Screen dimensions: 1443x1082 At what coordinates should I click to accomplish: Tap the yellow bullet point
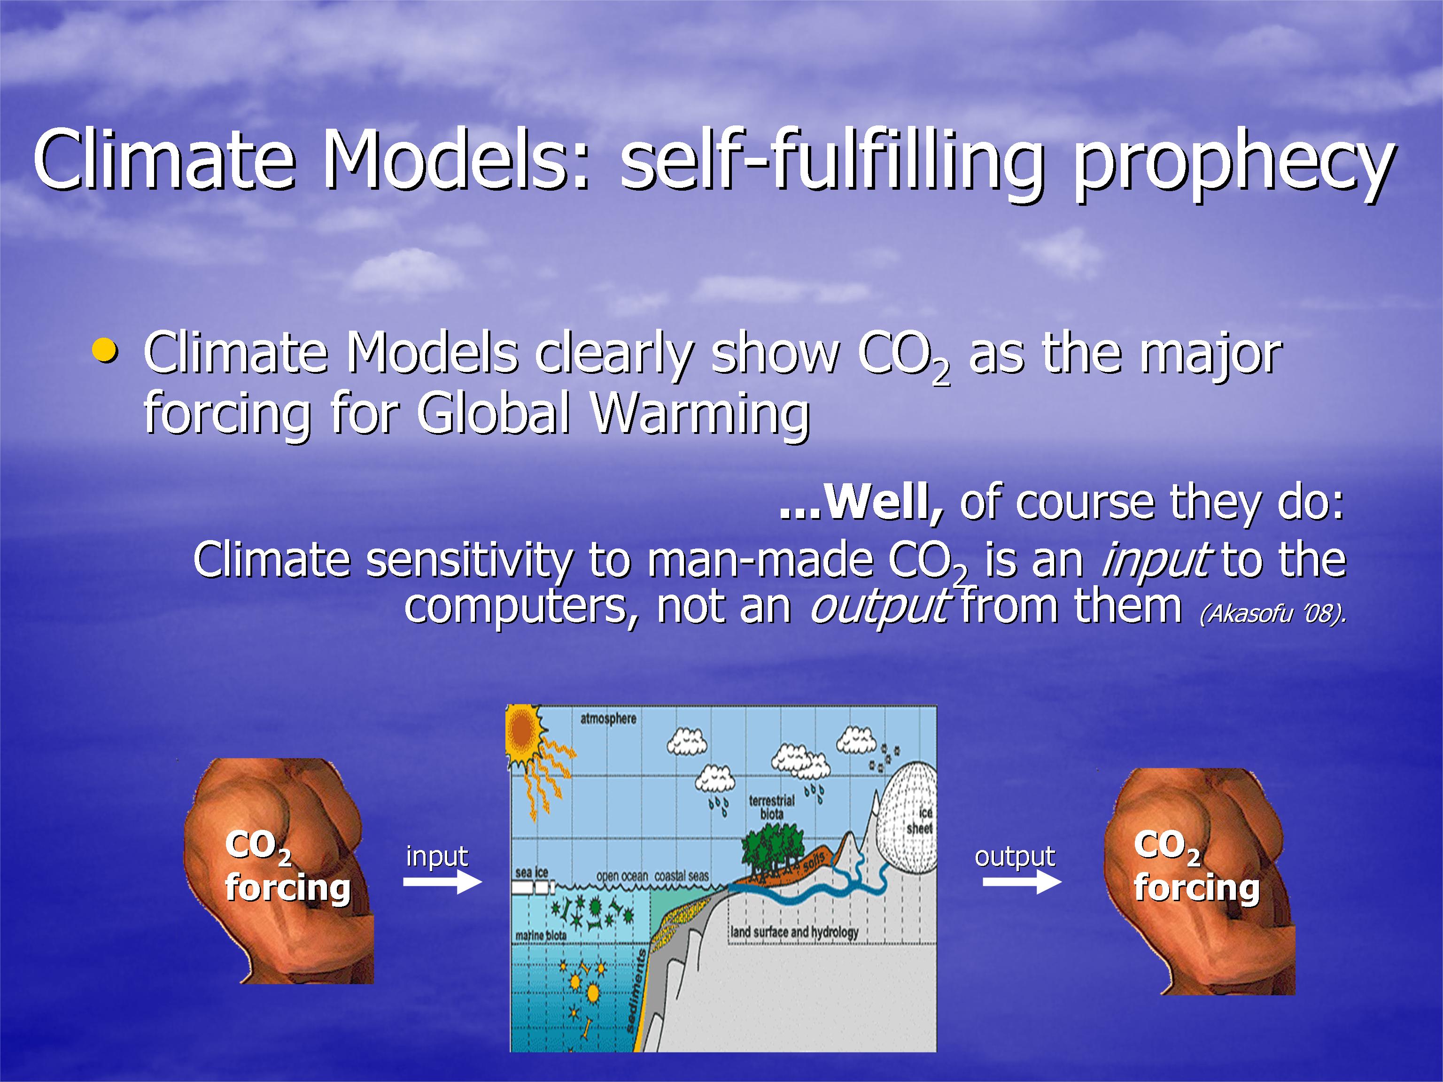pyautogui.click(x=105, y=350)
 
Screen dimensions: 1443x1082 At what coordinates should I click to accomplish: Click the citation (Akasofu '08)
pyautogui.click(x=1272, y=614)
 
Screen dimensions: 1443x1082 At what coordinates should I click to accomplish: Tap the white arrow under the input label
pyautogui.click(x=442, y=882)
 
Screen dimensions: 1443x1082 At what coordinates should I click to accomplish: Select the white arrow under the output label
pyautogui.click(x=1022, y=882)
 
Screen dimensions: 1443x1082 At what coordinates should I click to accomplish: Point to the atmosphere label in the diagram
pyautogui.click(x=608, y=719)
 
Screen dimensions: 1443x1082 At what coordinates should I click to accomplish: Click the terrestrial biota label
pyautogui.click(x=772, y=807)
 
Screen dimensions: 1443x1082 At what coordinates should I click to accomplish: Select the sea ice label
pyautogui.click(x=532, y=873)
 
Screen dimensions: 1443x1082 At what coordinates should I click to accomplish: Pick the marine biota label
pyautogui.click(x=541, y=936)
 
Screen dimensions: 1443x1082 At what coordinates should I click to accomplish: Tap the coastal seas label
pyautogui.click(x=682, y=876)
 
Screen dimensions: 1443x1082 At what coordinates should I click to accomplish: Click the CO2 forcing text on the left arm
pyautogui.click(x=287, y=867)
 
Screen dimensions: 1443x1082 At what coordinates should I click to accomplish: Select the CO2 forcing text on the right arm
pyautogui.click(x=1196, y=867)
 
